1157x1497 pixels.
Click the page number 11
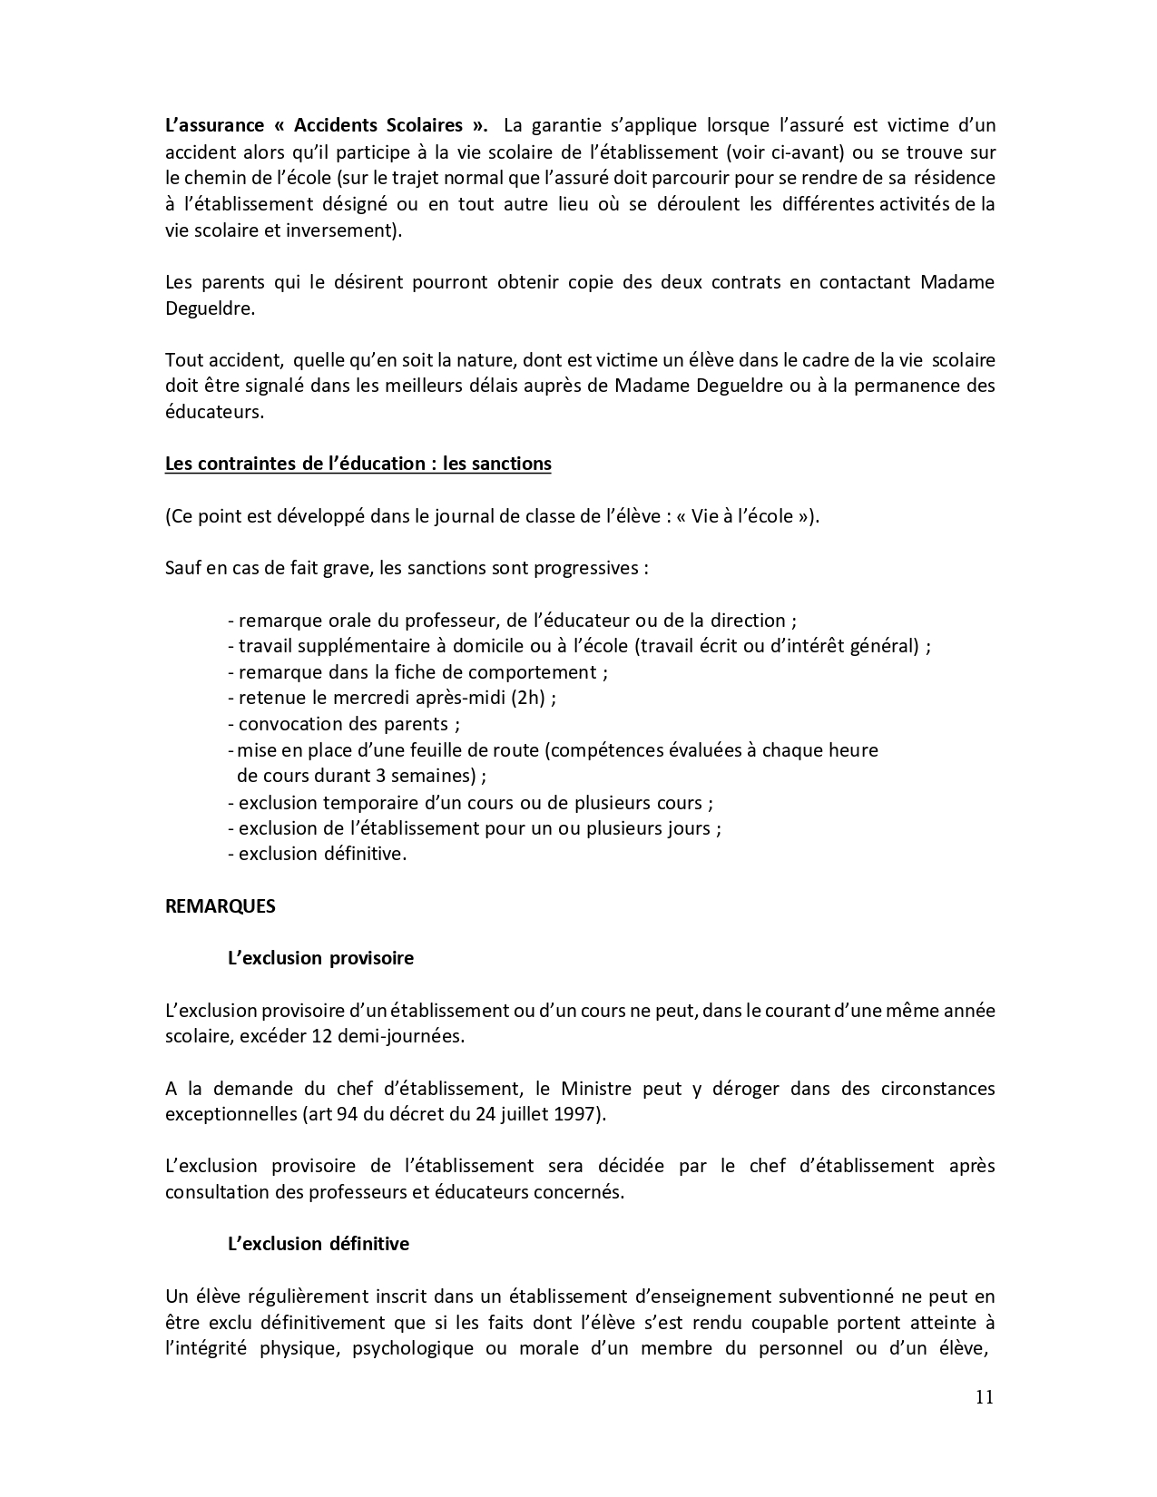pyautogui.click(x=985, y=1397)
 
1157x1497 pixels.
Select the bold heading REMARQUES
pyautogui.click(x=221, y=906)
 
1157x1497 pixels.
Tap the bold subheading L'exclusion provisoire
pyautogui.click(x=320, y=958)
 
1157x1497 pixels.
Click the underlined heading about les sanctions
pyautogui.click(x=358, y=464)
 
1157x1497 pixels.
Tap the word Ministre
pyautogui.click(x=595, y=1088)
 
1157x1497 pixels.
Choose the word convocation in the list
pyautogui.click(x=289, y=724)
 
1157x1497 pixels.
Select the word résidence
pyautogui.click(x=953, y=178)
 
